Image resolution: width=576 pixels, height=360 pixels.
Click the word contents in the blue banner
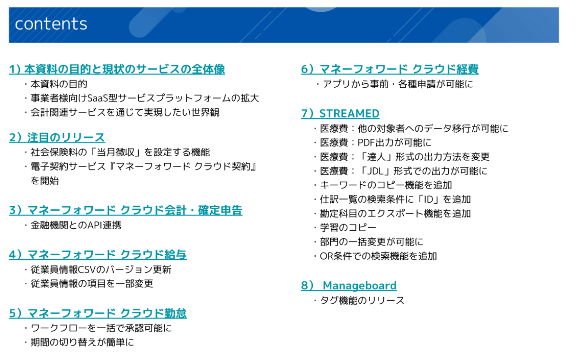51,24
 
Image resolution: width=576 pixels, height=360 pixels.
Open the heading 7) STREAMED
340,114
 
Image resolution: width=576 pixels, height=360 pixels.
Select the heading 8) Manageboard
349,285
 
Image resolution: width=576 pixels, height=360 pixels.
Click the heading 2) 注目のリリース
57,137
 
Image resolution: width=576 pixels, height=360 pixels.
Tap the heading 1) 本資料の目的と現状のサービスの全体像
117,69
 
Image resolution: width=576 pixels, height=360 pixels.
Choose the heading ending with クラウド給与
97,255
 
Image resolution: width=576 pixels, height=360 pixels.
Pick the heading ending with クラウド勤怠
97,313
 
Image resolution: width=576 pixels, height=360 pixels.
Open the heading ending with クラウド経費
390,69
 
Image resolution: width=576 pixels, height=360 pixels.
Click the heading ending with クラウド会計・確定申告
126,210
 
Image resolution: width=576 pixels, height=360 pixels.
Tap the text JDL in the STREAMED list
376,171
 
